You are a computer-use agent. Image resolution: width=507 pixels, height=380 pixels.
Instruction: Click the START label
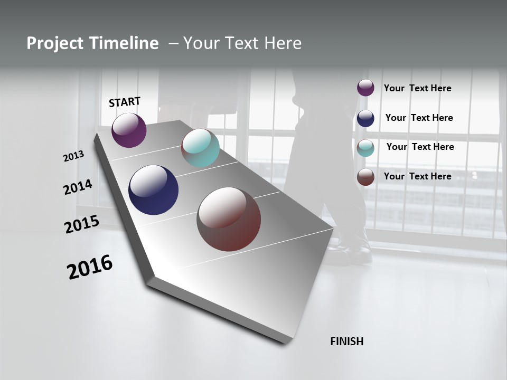tap(125, 102)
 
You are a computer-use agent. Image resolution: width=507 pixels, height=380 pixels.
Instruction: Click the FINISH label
tap(347, 341)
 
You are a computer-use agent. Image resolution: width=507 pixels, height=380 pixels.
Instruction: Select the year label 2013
tap(74, 156)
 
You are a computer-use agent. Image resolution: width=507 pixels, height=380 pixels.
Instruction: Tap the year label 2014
tap(78, 187)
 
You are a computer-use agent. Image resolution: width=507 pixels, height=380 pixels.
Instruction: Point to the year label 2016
tap(90, 267)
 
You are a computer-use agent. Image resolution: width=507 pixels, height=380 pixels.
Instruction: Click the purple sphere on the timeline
tap(129, 130)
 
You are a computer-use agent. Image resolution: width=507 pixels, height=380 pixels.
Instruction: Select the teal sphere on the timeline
tap(200, 148)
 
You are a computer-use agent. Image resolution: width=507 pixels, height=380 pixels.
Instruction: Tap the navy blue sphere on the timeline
tap(153, 190)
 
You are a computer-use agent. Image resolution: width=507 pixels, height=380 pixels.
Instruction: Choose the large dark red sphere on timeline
tap(229, 219)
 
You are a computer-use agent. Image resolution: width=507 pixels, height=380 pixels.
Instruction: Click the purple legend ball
tap(365, 88)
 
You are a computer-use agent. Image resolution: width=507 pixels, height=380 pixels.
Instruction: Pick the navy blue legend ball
tap(365, 118)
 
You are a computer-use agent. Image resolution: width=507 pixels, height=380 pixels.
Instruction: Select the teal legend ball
tap(365, 148)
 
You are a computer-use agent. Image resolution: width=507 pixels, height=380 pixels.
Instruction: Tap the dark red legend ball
tap(365, 177)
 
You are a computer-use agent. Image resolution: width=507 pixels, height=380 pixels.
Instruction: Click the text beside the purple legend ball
tap(417, 88)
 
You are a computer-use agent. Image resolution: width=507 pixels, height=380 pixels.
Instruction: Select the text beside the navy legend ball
tap(419, 118)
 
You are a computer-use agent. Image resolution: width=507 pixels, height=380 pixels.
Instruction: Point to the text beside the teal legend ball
tap(420, 147)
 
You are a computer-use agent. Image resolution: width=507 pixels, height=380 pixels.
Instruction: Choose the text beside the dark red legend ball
tap(417, 176)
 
